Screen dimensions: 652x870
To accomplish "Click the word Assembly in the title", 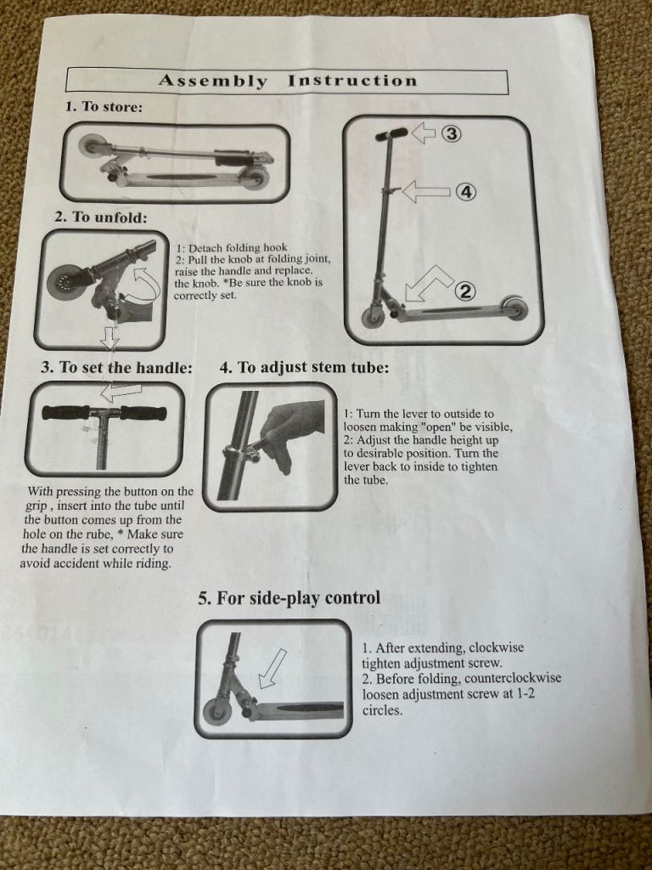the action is click(x=212, y=81).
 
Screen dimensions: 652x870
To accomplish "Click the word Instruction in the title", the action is click(x=352, y=81).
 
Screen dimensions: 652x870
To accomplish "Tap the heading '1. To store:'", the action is click(x=104, y=106).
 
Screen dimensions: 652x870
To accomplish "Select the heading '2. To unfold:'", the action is click(x=101, y=217).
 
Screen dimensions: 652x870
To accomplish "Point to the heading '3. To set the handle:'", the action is click(x=117, y=367).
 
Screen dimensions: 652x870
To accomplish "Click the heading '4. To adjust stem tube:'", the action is click(x=305, y=367).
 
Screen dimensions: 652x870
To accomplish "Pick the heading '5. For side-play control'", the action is click(x=289, y=597).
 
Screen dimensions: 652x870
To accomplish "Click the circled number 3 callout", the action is click(x=452, y=133).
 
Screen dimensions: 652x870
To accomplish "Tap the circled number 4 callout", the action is click(x=466, y=192).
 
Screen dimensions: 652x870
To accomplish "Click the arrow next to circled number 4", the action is click(x=425, y=191).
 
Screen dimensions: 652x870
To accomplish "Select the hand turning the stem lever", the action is click(x=293, y=430).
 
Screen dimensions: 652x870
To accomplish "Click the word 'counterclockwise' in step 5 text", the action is click(x=513, y=679).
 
